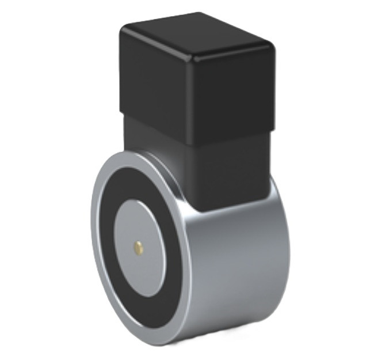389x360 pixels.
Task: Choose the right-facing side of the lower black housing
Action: pyautogui.click(x=236, y=173)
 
